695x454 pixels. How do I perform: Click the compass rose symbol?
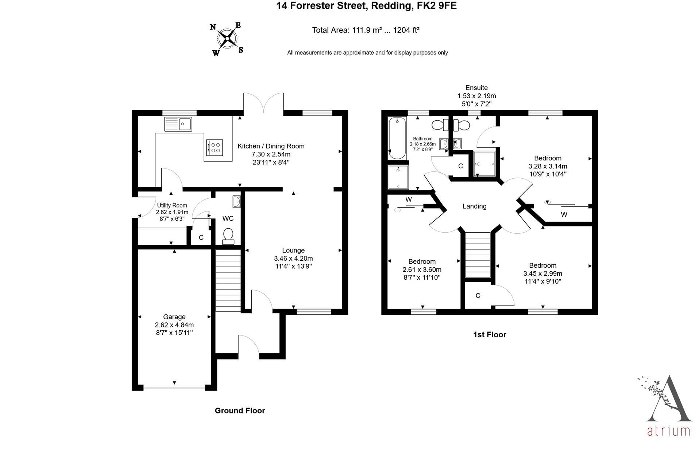tap(227, 38)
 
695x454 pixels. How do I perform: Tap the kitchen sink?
tap(178, 124)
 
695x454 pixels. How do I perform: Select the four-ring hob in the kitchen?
tap(214, 147)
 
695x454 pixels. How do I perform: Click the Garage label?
tap(174, 317)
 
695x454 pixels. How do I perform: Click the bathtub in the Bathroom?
tap(396, 138)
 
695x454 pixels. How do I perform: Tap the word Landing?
tap(474, 206)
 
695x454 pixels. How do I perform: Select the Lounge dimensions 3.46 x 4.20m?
tap(293, 259)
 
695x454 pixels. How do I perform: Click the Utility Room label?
tap(172, 206)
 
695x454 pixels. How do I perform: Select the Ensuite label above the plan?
tap(476, 88)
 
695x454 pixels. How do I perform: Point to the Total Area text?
tap(366, 30)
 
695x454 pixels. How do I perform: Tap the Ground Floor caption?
tap(240, 411)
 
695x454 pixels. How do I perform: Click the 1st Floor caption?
tap(489, 335)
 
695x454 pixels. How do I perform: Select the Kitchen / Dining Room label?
tap(271, 146)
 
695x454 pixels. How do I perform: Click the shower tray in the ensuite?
tap(484, 164)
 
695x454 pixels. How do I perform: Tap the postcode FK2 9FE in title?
tap(437, 6)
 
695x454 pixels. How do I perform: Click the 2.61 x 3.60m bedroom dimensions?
tap(422, 270)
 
